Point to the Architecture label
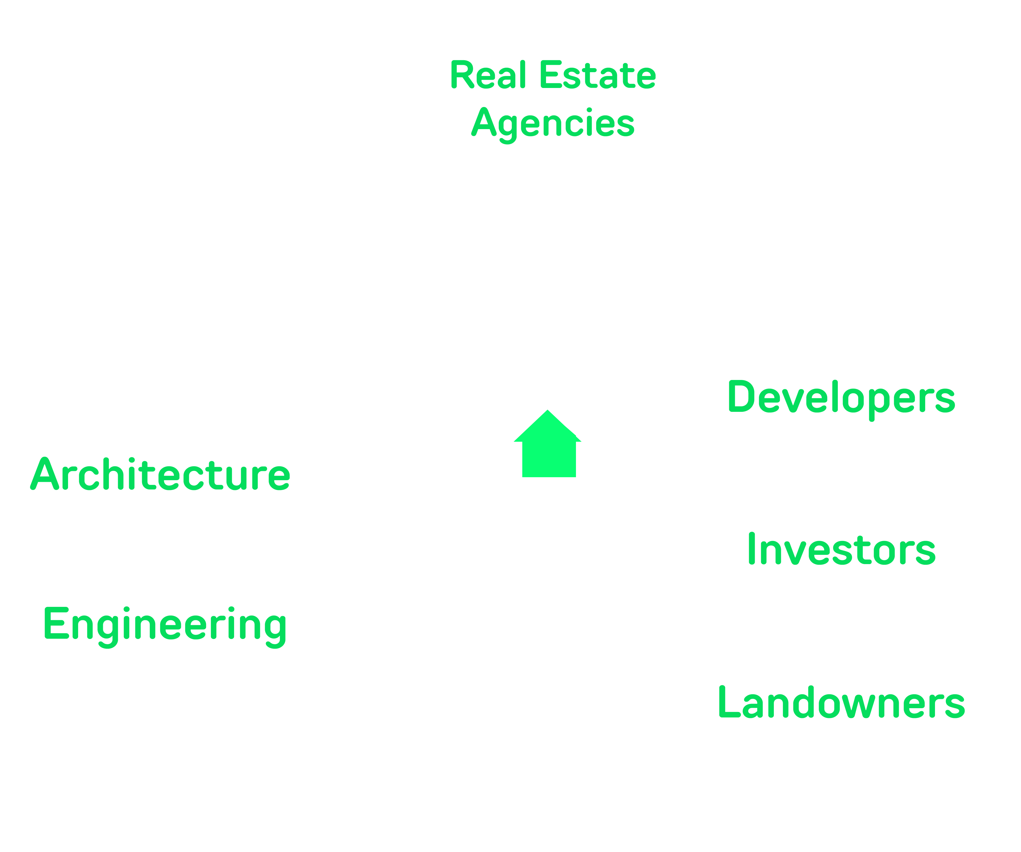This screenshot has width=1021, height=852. (x=160, y=474)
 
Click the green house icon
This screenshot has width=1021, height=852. (x=548, y=445)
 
